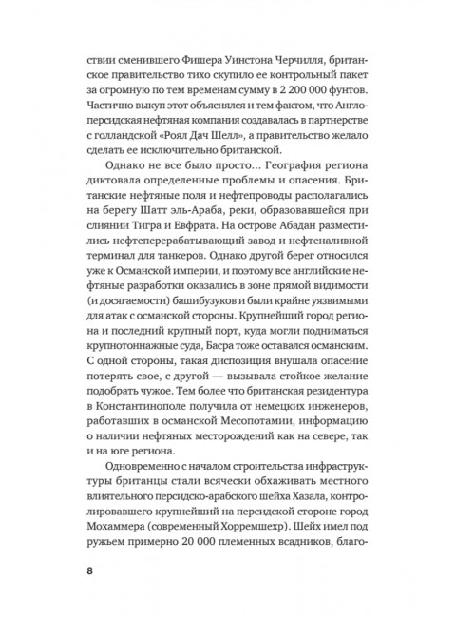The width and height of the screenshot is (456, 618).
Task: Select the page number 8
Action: click(x=89, y=570)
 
